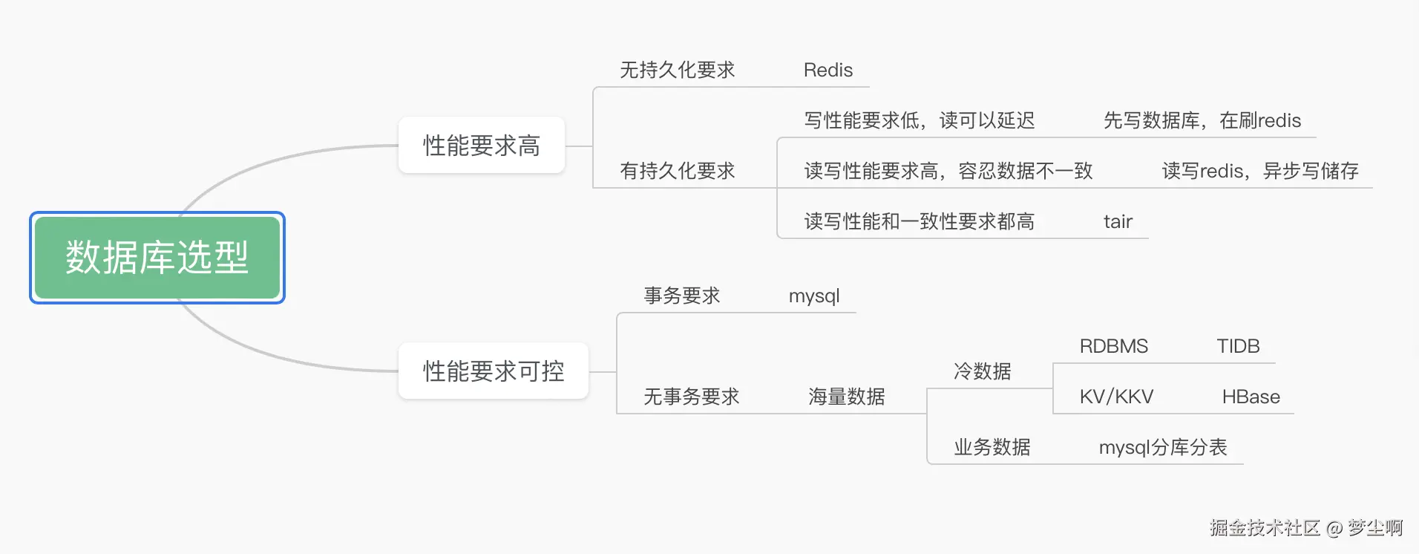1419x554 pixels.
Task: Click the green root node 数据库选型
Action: (x=157, y=258)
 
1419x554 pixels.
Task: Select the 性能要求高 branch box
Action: (x=481, y=146)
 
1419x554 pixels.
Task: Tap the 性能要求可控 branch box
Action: (x=494, y=371)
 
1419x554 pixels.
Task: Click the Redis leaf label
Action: (x=828, y=71)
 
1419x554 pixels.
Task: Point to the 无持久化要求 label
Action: (x=677, y=71)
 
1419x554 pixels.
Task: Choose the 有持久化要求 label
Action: (x=677, y=172)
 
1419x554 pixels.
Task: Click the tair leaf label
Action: (x=1118, y=222)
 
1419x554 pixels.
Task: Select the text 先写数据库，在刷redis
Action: (x=1202, y=121)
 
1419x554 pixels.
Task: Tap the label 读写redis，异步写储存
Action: (x=1259, y=172)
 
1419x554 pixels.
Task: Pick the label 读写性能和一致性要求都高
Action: (x=919, y=222)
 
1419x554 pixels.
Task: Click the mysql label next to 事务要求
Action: (x=814, y=296)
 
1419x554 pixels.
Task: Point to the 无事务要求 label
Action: (x=691, y=397)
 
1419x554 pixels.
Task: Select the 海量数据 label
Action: (x=846, y=397)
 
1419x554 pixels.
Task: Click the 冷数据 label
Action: (x=982, y=371)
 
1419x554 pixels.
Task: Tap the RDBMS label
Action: (x=1113, y=347)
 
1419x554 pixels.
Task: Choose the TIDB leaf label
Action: (x=1238, y=347)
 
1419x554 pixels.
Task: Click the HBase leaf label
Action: (x=1251, y=397)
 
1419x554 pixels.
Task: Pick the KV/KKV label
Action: (x=1116, y=397)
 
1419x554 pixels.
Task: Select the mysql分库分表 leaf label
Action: (x=1163, y=448)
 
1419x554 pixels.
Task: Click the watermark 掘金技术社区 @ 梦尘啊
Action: (x=1305, y=528)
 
